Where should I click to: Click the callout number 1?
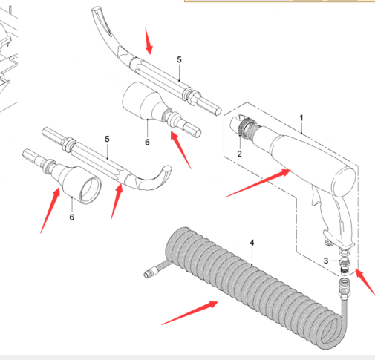coord(301,118)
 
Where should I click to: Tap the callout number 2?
coord(239,154)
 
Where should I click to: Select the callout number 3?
coord(326,261)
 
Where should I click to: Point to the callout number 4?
coord(252,243)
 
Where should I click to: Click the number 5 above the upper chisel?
coord(179,59)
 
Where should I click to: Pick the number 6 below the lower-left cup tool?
coord(72,217)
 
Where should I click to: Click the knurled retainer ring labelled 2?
coord(243,127)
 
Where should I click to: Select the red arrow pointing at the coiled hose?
coord(190,312)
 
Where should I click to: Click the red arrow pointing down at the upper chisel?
coord(149,41)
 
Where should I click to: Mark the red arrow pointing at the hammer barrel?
coord(259,183)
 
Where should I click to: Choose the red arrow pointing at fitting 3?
coord(365,282)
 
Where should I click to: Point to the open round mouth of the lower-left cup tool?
coord(91,189)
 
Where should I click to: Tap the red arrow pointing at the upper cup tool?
coord(180,150)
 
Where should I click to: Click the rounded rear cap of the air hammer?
coord(344,182)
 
